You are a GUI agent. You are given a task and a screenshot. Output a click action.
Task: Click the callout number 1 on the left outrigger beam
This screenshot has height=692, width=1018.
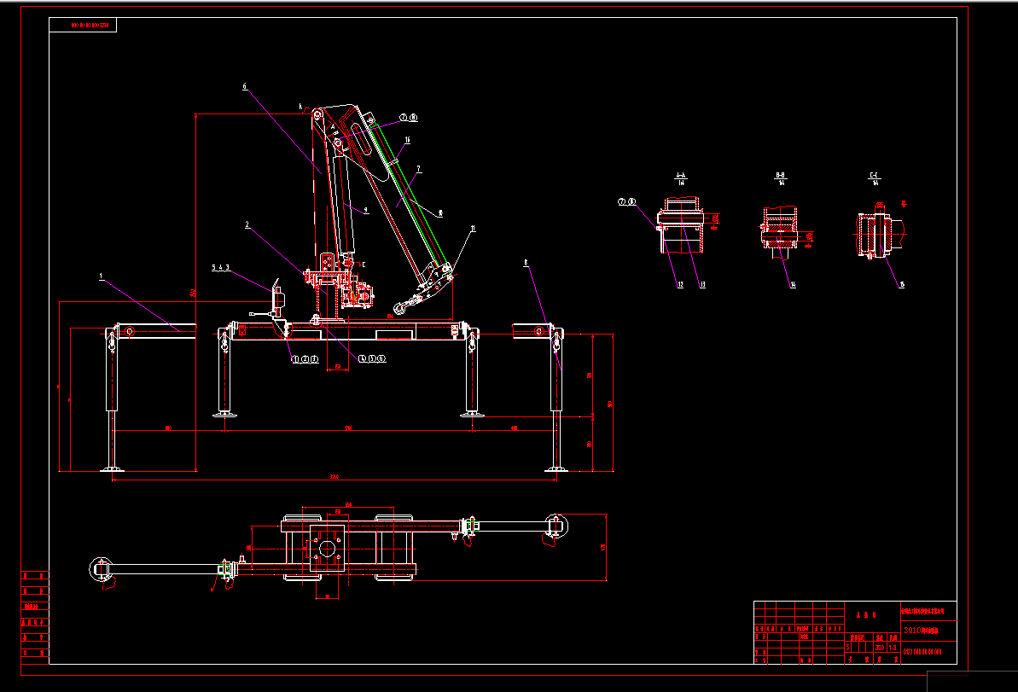pyautogui.click(x=101, y=276)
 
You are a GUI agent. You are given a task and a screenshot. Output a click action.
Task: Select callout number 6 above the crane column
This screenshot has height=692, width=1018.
pyautogui.click(x=244, y=86)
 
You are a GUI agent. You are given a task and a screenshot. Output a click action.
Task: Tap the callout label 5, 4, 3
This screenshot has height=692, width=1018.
pyautogui.click(x=221, y=267)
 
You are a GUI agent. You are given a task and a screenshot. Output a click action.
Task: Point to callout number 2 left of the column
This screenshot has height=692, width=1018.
pyautogui.click(x=247, y=225)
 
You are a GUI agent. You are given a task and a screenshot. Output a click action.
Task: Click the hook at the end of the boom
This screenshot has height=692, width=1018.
pyautogui.click(x=398, y=308)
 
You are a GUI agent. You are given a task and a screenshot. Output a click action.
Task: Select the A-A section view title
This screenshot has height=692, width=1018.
pyautogui.click(x=681, y=176)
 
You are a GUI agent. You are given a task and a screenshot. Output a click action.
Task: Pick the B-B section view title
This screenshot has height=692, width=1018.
pyautogui.click(x=780, y=176)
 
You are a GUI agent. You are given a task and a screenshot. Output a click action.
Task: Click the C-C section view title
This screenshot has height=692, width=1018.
pyautogui.click(x=875, y=176)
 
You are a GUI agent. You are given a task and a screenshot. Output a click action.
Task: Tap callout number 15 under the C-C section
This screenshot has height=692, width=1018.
pyautogui.click(x=902, y=285)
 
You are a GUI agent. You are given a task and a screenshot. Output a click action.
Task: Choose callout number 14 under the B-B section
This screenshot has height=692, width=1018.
pyautogui.click(x=793, y=285)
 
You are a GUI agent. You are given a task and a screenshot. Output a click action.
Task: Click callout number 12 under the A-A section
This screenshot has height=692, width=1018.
pyautogui.click(x=680, y=285)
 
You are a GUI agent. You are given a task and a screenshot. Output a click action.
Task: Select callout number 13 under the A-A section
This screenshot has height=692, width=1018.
pyautogui.click(x=702, y=285)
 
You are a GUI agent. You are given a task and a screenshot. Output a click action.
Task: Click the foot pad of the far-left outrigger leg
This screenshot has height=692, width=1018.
pyautogui.click(x=111, y=468)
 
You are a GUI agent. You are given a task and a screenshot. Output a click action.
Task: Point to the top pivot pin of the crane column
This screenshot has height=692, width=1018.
pyautogui.click(x=317, y=115)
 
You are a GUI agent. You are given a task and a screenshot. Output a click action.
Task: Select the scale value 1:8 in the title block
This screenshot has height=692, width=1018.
pyautogui.click(x=893, y=647)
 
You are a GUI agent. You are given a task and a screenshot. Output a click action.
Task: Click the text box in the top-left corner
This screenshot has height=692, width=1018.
pyautogui.click(x=83, y=26)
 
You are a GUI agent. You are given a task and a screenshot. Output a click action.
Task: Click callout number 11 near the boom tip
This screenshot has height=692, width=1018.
pyautogui.click(x=472, y=229)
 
